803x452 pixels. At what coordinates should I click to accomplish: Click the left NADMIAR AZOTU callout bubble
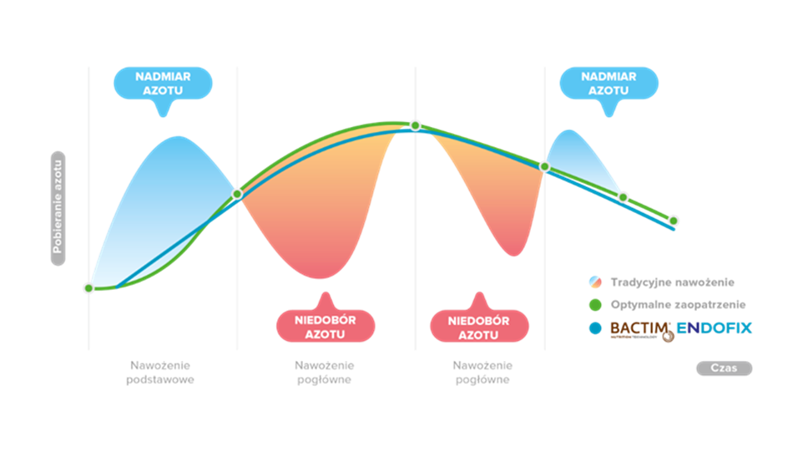pyautogui.click(x=162, y=83)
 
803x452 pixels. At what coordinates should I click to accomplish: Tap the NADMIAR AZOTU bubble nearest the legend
pyautogui.click(x=609, y=83)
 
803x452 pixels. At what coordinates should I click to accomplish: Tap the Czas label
pyautogui.click(x=724, y=368)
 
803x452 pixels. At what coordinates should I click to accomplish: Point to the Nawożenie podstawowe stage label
pyautogui.click(x=162, y=372)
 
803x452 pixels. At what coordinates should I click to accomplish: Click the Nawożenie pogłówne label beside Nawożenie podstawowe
pyautogui.click(x=325, y=372)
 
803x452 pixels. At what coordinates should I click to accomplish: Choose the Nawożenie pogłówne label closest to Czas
pyautogui.click(x=482, y=372)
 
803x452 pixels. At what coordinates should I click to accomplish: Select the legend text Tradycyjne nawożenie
pyautogui.click(x=672, y=282)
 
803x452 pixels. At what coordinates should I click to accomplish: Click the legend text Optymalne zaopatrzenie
pyautogui.click(x=678, y=305)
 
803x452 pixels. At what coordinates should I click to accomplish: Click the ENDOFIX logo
pyautogui.click(x=715, y=328)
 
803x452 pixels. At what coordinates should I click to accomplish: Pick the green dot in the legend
pyautogui.click(x=594, y=305)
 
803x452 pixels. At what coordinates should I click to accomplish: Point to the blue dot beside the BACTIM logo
pyautogui.click(x=594, y=328)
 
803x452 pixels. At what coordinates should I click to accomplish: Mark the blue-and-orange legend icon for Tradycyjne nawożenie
pyautogui.click(x=594, y=282)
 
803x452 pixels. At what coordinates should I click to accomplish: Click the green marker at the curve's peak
pyautogui.click(x=415, y=125)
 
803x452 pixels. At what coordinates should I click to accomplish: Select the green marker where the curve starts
pyautogui.click(x=88, y=288)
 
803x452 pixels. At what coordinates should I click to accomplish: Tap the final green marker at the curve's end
pyautogui.click(x=674, y=221)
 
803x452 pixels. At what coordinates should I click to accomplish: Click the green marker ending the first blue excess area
pyautogui.click(x=237, y=194)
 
